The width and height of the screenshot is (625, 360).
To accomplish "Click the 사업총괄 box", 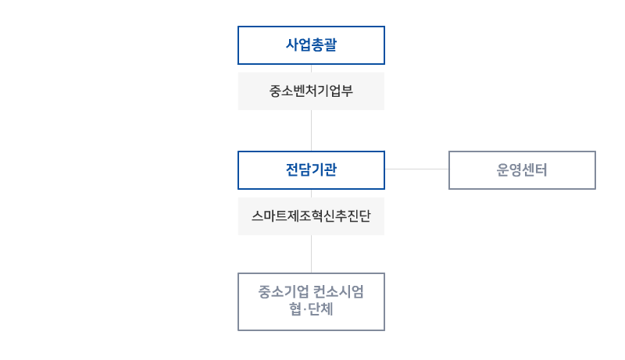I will [x=311, y=45].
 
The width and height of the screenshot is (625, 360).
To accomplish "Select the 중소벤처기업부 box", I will [x=311, y=91].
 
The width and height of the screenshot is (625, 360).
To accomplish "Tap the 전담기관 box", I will [x=311, y=169].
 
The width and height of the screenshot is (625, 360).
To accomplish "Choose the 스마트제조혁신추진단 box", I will [x=311, y=216].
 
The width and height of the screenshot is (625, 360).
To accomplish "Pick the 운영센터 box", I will [x=522, y=169].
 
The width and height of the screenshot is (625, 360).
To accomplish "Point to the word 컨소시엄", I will [x=338, y=292].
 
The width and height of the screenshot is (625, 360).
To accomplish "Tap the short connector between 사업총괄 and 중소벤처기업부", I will [x=312, y=68].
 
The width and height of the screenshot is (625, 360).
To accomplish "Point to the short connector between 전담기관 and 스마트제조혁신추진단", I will [x=312, y=192].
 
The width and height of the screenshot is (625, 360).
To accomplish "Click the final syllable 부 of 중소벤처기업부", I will [x=348, y=91].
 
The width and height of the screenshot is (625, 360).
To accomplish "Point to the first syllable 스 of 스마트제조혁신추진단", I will [x=258, y=216].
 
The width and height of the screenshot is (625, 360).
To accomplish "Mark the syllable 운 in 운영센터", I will [x=503, y=169].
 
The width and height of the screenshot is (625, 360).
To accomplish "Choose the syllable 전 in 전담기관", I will [x=292, y=169].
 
